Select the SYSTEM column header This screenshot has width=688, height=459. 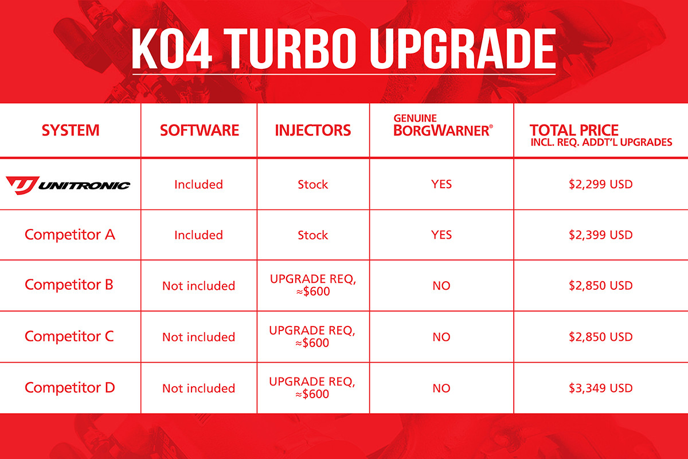click(x=71, y=130)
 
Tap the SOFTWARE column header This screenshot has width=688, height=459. click(x=199, y=130)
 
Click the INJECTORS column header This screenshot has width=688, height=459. click(x=313, y=130)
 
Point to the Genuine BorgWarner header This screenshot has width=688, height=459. click(x=442, y=126)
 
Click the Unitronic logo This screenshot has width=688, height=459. click(x=68, y=184)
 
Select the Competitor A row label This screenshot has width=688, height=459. click(x=70, y=235)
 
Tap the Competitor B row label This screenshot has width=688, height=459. click(x=69, y=285)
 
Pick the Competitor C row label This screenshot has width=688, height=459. click(x=69, y=336)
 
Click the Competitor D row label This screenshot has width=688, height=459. click(x=70, y=387)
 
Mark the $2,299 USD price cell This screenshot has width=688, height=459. click(x=600, y=184)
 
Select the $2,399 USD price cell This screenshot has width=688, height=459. click(x=600, y=235)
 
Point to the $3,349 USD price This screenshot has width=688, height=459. click(x=600, y=388)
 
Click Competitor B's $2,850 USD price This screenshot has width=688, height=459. click(x=600, y=285)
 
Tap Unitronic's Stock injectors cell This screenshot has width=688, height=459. click(x=313, y=185)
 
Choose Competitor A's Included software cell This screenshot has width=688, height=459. click(x=198, y=235)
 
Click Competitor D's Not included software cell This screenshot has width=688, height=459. click(x=198, y=388)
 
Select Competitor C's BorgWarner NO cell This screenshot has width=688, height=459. click(x=441, y=337)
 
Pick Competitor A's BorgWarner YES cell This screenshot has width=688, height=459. click(x=441, y=235)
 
